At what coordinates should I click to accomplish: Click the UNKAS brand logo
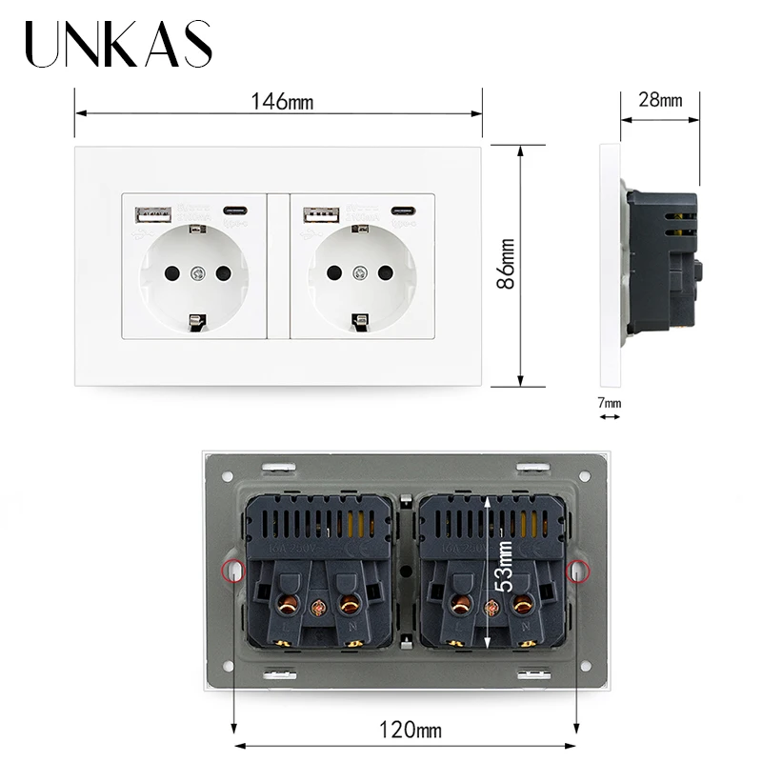pyautogui.click(x=118, y=45)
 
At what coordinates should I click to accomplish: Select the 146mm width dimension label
pyautogui.click(x=282, y=101)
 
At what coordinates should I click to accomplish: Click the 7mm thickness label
pyautogui.click(x=609, y=403)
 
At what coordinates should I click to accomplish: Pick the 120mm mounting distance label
pyautogui.click(x=405, y=732)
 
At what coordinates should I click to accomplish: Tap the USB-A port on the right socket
pyautogui.click(x=314, y=214)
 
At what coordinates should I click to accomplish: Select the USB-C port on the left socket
pyautogui.click(x=233, y=211)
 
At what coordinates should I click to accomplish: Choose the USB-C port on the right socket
pyautogui.click(x=400, y=211)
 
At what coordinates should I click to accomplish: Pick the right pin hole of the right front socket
pyautogui.click(x=388, y=273)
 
